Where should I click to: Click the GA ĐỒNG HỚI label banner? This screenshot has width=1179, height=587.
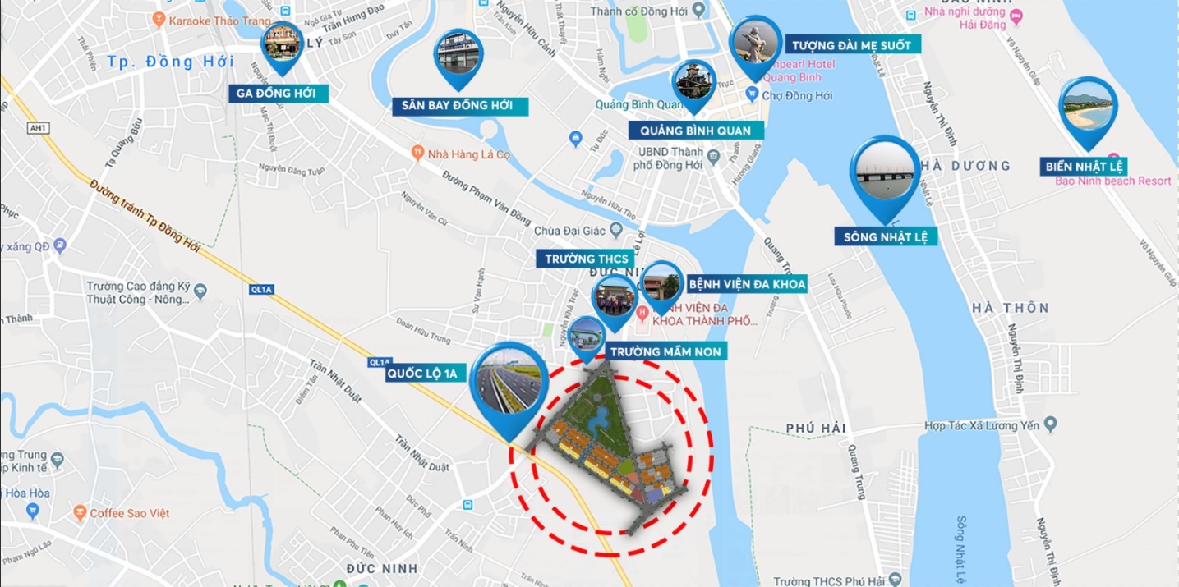pos(279,93)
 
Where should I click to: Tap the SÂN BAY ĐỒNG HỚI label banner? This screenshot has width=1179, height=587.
pos(458,105)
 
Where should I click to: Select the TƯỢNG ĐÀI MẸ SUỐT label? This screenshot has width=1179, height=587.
pos(851,45)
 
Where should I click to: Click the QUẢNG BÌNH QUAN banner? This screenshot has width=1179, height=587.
pos(696,130)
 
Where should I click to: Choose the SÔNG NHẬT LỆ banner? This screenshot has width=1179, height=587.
pos(886,236)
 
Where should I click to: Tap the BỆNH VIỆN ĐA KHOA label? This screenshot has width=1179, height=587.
pos(747,284)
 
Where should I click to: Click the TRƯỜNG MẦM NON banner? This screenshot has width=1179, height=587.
pos(665,351)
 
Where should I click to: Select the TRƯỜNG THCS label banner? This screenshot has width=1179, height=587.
pos(587,259)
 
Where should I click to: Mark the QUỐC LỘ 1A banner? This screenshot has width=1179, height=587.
pos(426,374)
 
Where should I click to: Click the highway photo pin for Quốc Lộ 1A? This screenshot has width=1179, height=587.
pos(509,386)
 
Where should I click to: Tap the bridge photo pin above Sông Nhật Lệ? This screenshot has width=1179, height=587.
pos(885,174)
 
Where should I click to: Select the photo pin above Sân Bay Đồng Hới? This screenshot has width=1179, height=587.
pos(458,55)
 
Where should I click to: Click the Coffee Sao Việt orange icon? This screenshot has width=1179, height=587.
pos(80,513)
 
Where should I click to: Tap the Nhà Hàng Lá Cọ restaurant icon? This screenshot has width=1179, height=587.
pos(417,152)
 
